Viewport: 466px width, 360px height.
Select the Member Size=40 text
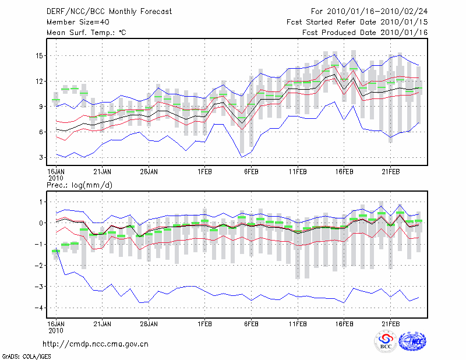pos(78,22)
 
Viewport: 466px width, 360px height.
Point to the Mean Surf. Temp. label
pos(86,33)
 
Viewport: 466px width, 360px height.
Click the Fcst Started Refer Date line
pos(357,22)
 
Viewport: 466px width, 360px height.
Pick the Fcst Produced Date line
pos(365,33)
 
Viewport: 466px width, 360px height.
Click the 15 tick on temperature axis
pos(39,56)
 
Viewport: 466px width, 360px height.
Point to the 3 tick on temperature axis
pos(41,158)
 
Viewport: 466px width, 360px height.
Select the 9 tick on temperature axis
pos(41,107)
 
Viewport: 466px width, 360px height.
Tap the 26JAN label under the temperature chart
pos(149,172)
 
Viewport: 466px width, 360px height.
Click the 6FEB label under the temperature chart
pos(251,172)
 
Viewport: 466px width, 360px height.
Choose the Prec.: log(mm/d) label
pos(80,185)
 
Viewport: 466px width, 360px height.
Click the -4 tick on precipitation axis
pos(39,308)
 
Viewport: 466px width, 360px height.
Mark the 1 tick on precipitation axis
pos(41,202)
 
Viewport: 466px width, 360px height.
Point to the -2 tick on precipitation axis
pos(39,266)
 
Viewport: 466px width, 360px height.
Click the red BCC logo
pos(385,341)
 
